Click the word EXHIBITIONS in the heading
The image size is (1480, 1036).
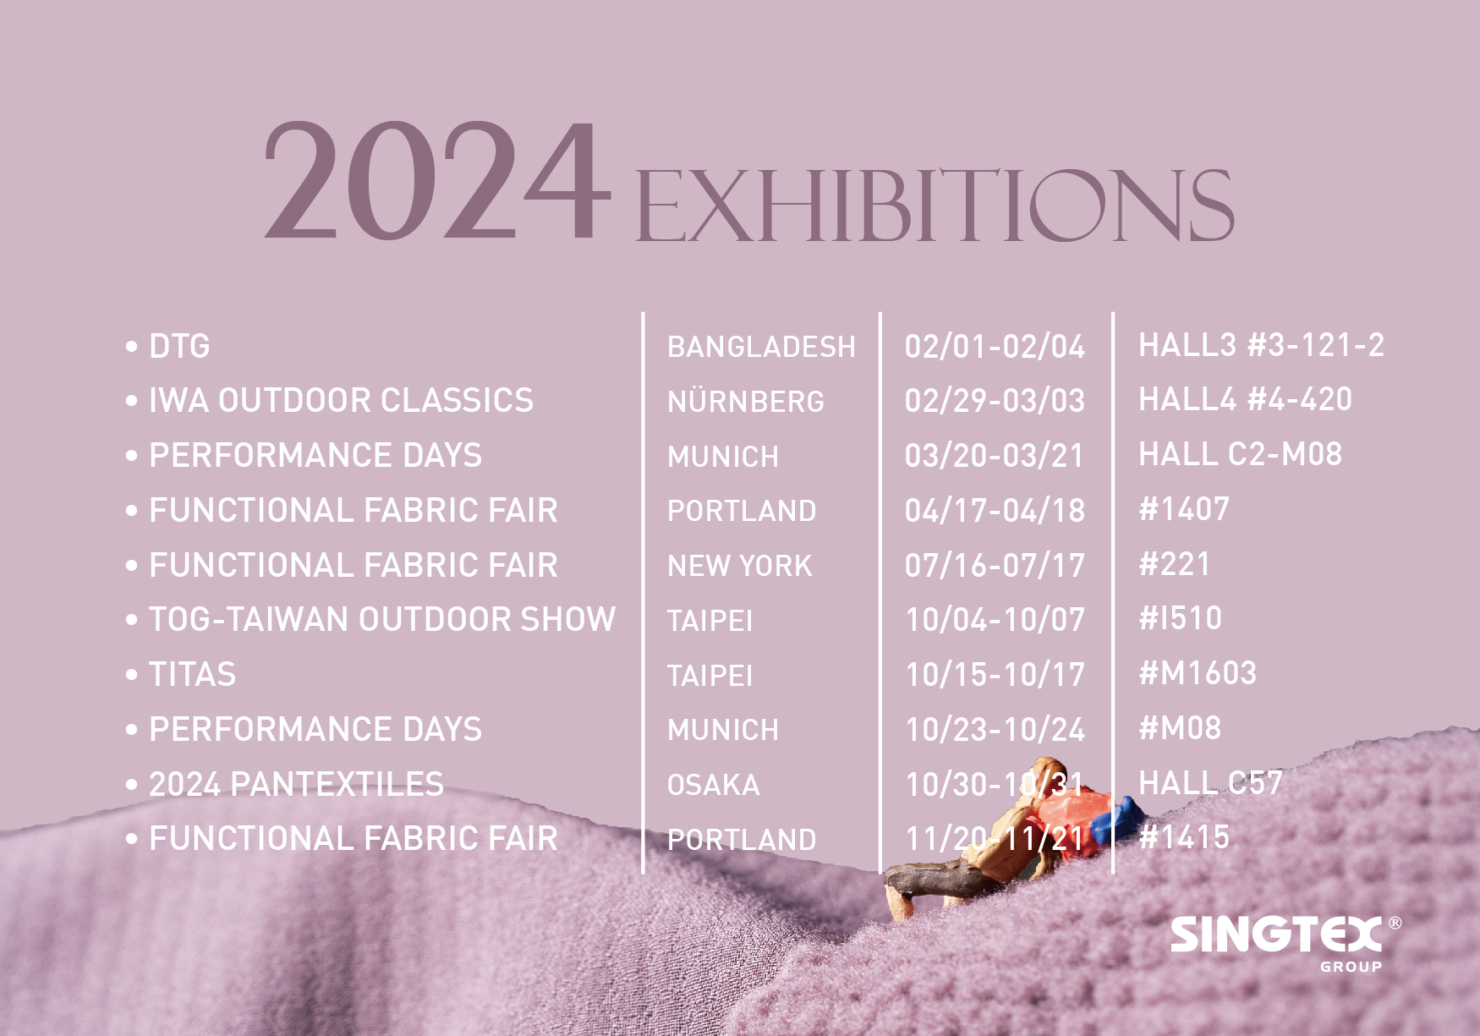(x=935, y=205)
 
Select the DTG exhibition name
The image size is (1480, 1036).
(x=179, y=346)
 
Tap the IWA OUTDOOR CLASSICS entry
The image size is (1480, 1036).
(x=341, y=400)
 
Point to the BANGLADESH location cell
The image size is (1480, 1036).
(x=761, y=347)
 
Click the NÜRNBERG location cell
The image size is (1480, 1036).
(x=745, y=400)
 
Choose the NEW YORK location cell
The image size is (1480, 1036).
(x=739, y=566)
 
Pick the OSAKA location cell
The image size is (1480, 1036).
(x=713, y=785)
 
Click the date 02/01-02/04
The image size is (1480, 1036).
(x=995, y=347)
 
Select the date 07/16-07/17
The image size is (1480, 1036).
(x=995, y=566)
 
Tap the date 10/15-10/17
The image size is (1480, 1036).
(x=995, y=675)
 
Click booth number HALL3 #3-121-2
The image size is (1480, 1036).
(x=1261, y=345)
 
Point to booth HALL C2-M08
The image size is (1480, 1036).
(x=1240, y=454)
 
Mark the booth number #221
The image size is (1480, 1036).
(x=1175, y=564)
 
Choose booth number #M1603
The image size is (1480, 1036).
(x=1198, y=673)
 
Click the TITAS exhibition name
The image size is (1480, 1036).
(x=192, y=675)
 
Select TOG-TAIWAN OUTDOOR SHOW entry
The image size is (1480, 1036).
(x=382, y=620)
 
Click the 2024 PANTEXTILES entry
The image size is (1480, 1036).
(x=296, y=785)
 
